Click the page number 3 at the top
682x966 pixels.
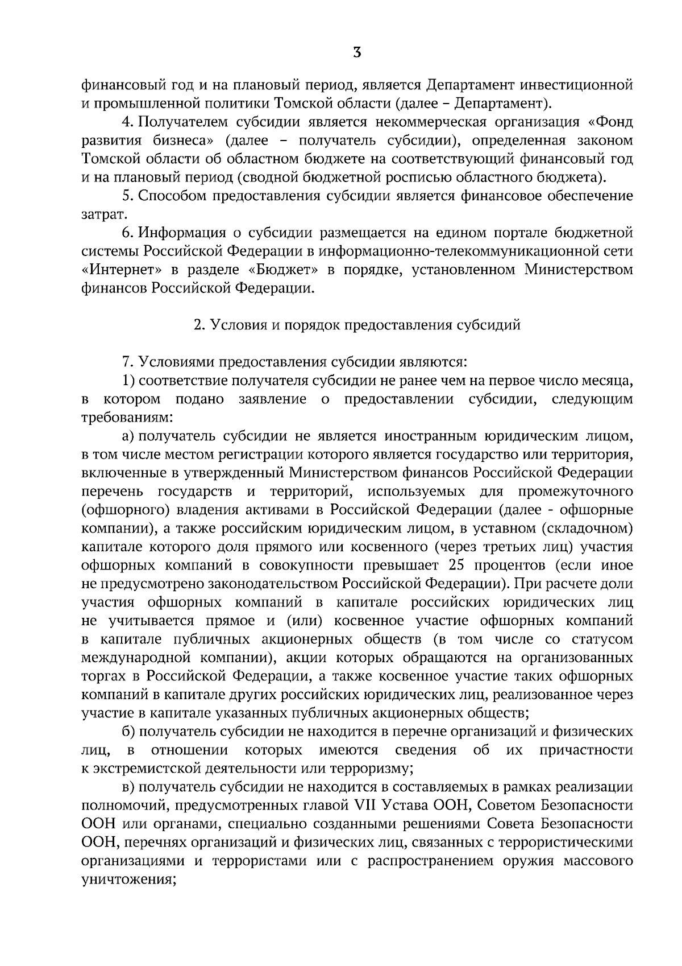tap(356, 53)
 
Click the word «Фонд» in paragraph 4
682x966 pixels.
tap(613, 122)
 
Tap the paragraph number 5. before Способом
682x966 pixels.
tap(127, 196)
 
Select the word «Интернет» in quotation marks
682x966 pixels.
tap(119, 270)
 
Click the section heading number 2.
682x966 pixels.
tap(198, 325)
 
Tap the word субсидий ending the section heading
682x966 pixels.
tap(494, 325)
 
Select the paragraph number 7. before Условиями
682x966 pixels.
tap(127, 362)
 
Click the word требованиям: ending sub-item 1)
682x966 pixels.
tap(126, 418)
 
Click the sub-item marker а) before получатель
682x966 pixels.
tap(127, 436)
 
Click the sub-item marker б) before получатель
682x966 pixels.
tap(127, 732)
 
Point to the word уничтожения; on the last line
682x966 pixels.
tap(128, 880)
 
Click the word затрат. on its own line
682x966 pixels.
tap(101, 214)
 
